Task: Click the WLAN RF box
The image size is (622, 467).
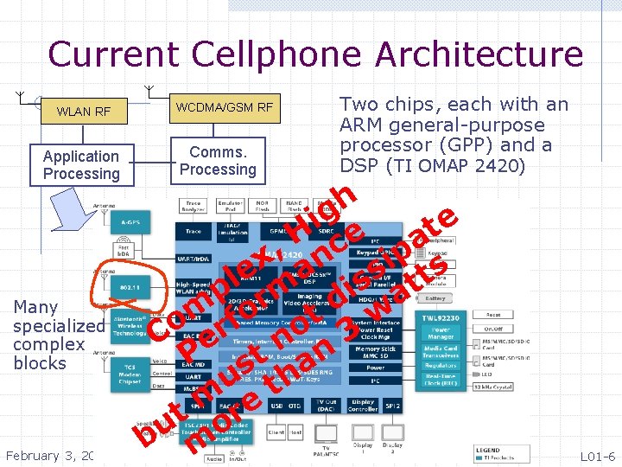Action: pos(84,112)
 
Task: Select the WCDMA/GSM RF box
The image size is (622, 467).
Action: pos(224,107)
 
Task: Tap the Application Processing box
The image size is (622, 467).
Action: pos(81,164)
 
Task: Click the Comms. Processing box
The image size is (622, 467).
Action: pos(218,160)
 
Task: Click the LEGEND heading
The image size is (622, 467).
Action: pos(488,450)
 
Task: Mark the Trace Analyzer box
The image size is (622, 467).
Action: pos(194,208)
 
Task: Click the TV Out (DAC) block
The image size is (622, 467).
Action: pos(326,406)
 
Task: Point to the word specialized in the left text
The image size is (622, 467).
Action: pos(58,326)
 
